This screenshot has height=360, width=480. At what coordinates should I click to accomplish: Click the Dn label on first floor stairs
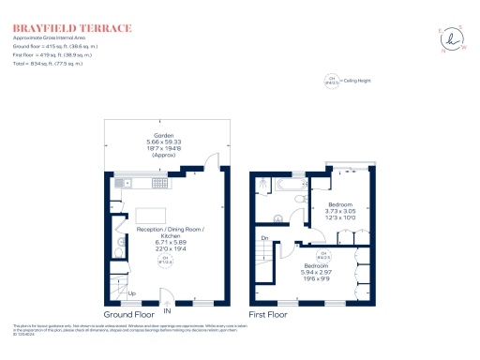coord(264,238)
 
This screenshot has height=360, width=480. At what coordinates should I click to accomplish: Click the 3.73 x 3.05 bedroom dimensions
coord(340,212)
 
